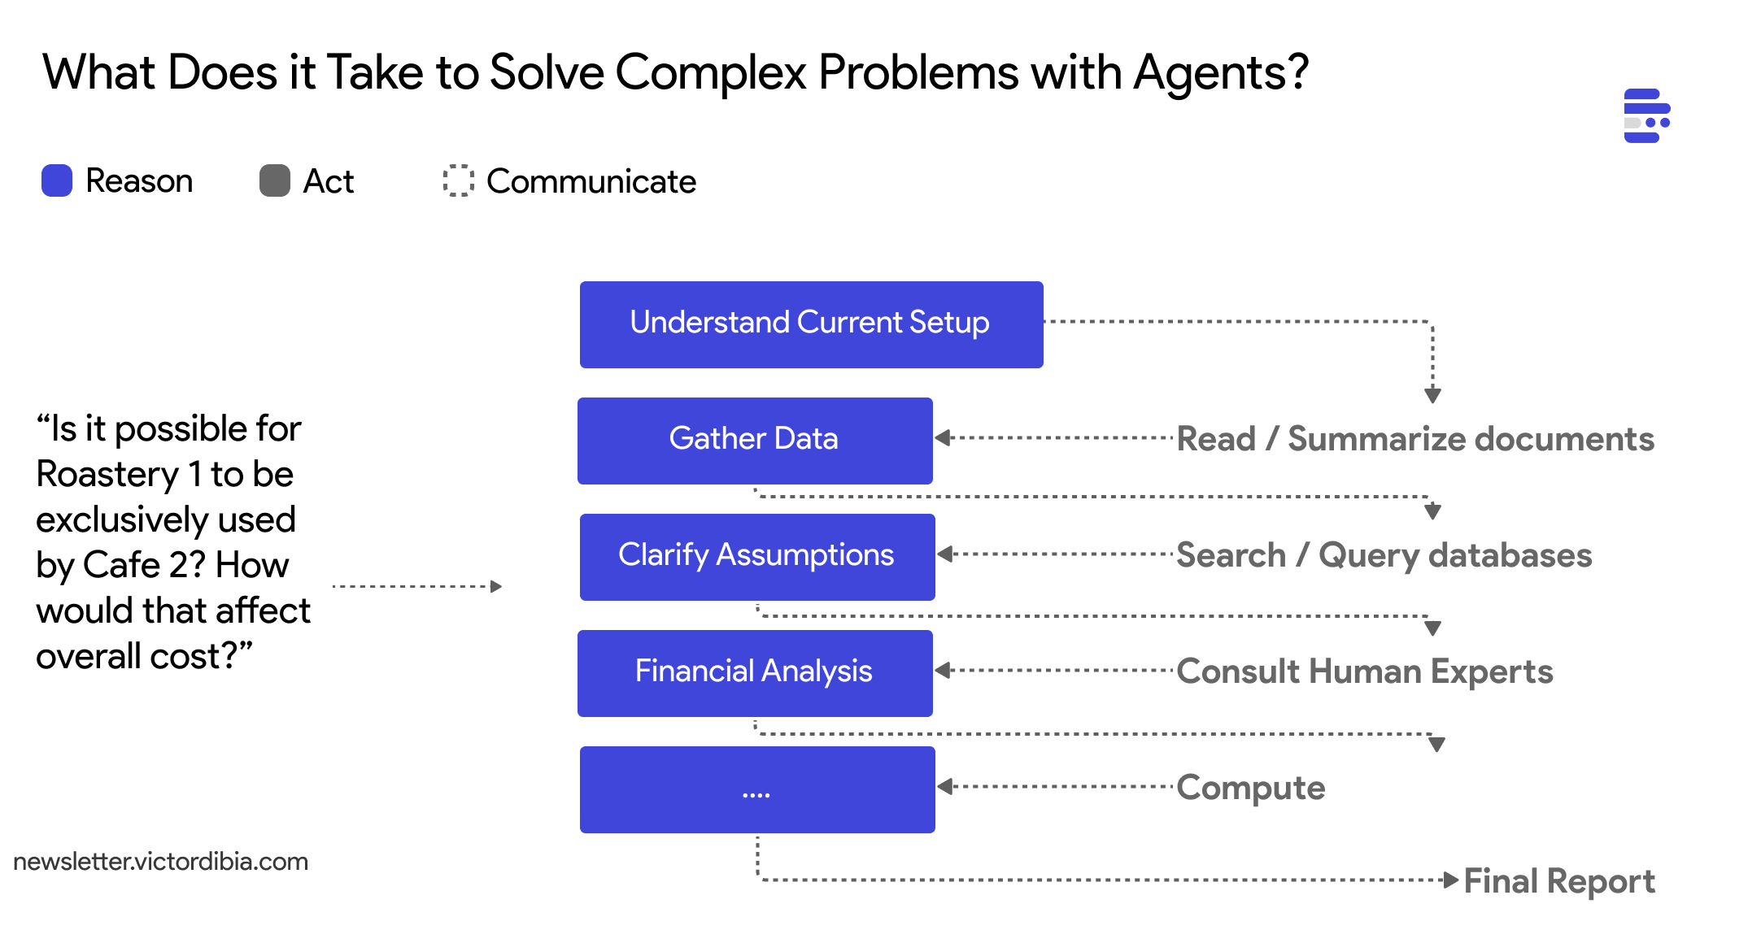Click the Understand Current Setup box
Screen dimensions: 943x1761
tap(811, 324)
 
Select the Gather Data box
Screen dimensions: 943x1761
tap(755, 441)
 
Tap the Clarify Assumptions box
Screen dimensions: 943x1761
tap(757, 557)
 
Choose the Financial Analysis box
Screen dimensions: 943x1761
tap(755, 673)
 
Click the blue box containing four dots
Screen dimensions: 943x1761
tap(757, 789)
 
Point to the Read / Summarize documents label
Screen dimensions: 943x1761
tap(1415, 439)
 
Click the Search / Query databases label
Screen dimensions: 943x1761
tap(1384, 555)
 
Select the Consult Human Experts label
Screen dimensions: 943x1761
tap(1365, 671)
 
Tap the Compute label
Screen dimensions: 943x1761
tap(1251, 788)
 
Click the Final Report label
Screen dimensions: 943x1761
tap(1559, 881)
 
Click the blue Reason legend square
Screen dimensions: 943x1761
tap(57, 180)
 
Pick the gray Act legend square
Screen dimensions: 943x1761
tap(275, 180)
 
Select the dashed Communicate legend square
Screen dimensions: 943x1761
tap(459, 180)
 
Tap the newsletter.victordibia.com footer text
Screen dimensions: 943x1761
tap(161, 862)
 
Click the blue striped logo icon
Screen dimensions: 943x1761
tap(1646, 115)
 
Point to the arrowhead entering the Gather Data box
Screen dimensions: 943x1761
tap(944, 438)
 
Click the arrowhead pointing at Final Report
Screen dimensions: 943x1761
tap(1450, 880)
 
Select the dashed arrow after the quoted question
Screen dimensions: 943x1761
tap(417, 586)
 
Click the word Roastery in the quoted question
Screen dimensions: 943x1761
tap(108, 475)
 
